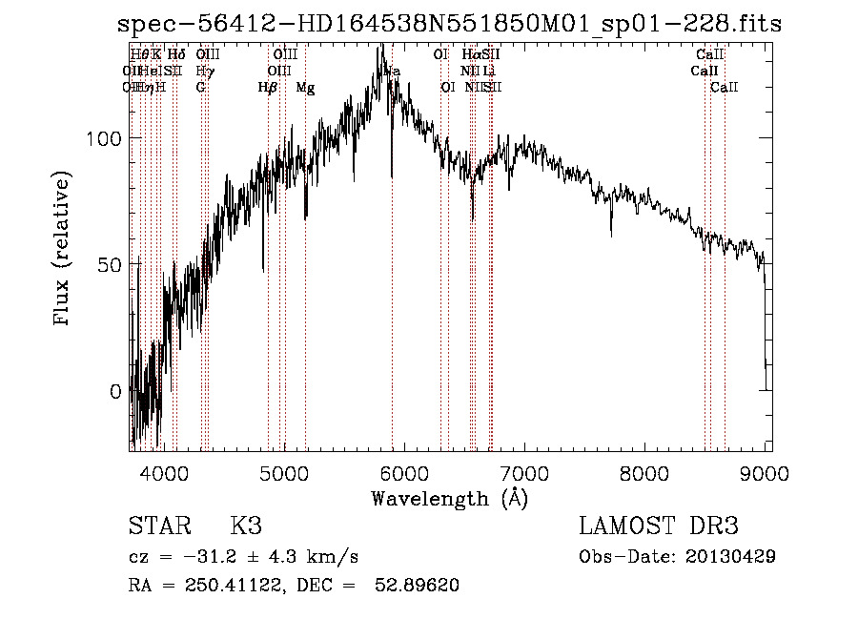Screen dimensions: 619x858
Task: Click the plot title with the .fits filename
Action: (448, 24)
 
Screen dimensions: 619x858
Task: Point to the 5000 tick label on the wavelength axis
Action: (284, 470)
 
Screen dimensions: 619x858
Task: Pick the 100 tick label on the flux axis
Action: (103, 138)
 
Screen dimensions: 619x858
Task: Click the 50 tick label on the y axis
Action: (109, 264)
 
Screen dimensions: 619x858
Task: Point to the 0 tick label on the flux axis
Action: (114, 391)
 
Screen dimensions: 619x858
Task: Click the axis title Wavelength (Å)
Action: (449, 498)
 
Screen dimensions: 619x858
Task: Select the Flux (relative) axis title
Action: (64, 250)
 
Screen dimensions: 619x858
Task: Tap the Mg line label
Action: (305, 88)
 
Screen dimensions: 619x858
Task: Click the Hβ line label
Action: (268, 88)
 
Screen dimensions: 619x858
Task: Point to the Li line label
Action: (488, 72)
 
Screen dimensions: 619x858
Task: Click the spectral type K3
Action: (245, 526)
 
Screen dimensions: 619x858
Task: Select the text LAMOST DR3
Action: (658, 526)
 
